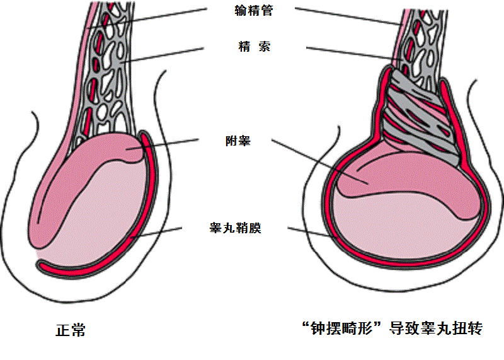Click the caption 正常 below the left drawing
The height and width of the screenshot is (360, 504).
[71, 330]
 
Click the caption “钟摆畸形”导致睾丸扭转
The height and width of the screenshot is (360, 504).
[391, 328]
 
